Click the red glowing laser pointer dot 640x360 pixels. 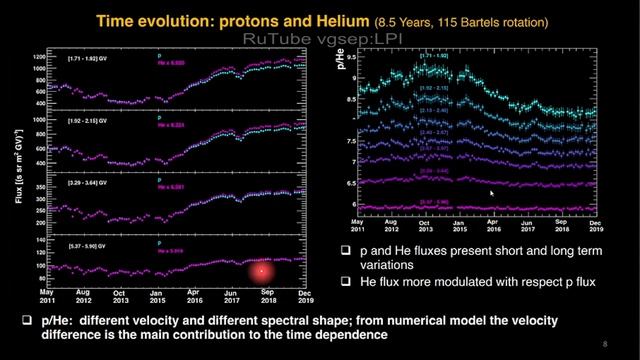point(262,270)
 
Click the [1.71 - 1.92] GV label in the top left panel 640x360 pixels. point(79,61)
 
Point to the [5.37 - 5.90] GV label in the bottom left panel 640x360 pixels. point(79,245)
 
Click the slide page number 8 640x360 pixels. point(605,345)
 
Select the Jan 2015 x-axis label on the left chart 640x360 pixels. point(156,296)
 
